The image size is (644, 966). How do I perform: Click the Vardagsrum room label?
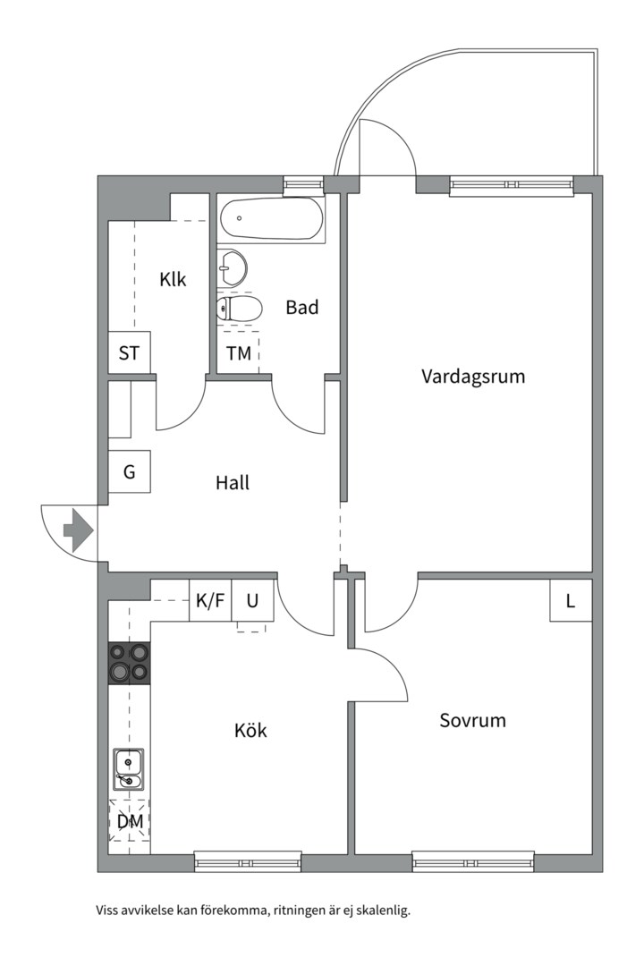[473, 377]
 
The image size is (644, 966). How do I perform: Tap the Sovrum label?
[472, 720]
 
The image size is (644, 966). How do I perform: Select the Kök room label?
[250, 731]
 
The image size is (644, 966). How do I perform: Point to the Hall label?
[233, 483]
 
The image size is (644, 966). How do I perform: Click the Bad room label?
[302, 308]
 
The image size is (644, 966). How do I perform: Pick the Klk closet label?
[173, 279]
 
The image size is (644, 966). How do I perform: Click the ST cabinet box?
[130, 352]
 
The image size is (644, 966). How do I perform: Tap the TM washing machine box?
[239, 352]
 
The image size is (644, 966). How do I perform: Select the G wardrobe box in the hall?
[130, 471]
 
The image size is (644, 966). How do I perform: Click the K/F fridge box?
[210, 601]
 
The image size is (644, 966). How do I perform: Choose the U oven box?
[253, 601]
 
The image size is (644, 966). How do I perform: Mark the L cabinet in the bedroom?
[571, 600]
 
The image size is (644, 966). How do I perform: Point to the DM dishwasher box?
[130, 821]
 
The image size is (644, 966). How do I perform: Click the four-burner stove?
[129, 664]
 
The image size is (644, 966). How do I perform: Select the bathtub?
[272, 218]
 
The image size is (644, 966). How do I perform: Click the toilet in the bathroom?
[240, 309]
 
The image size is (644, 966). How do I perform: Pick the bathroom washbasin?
[233, 266]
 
